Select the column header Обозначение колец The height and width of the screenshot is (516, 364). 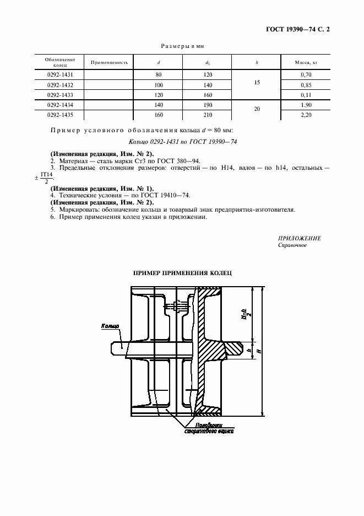pyautogui.click(x=57, y=62)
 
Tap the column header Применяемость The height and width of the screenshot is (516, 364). pyautogui.click(x=109, y=62)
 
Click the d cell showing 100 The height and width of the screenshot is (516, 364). pyautogui.click(x=159, y=84)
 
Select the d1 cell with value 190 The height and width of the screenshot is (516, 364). pyautogui.click(x=208, y=105)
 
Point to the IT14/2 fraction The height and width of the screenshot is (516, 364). pyautogui.click(x=46, y=178)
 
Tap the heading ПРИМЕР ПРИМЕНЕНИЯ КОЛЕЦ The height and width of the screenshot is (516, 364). pyautogui.click(x=183, y=273)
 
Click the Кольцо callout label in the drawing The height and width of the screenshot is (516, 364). pyautogui.click(x=110, y=327)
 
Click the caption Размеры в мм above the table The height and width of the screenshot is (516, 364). pyautogui.click(x=182, y=47)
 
